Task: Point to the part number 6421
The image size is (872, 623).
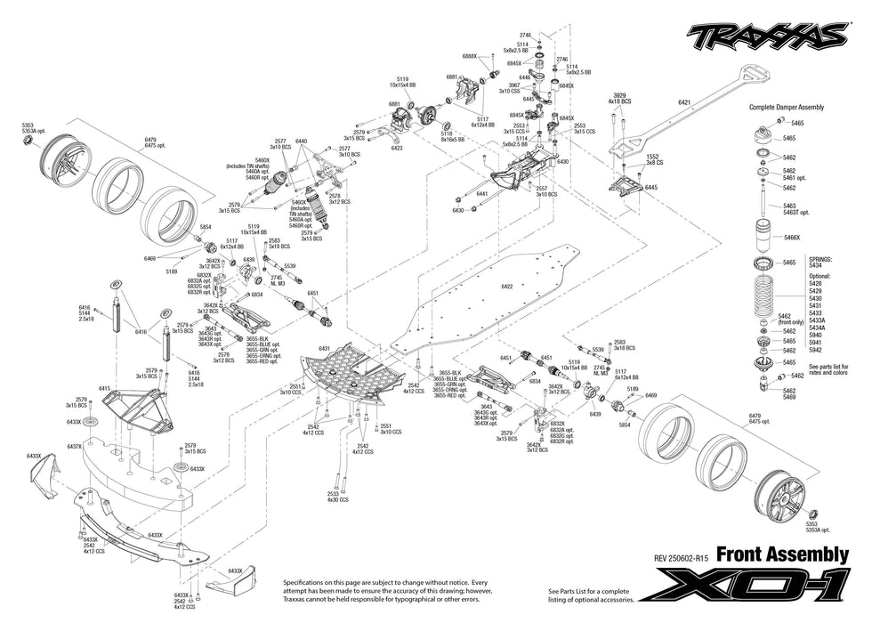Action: (x=683, y=103)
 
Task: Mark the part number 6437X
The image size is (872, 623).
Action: (x=74, y=446)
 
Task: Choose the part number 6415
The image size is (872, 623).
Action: (x=105, y=388)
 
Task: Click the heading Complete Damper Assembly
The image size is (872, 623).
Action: (x=787, y=107)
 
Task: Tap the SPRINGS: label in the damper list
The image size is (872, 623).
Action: (x=820, y=258)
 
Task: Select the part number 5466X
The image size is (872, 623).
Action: (x=791, y=238)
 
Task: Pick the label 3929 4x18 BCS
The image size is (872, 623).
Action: (x=619, y=98)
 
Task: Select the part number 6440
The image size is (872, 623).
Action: (x=301, y=142)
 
